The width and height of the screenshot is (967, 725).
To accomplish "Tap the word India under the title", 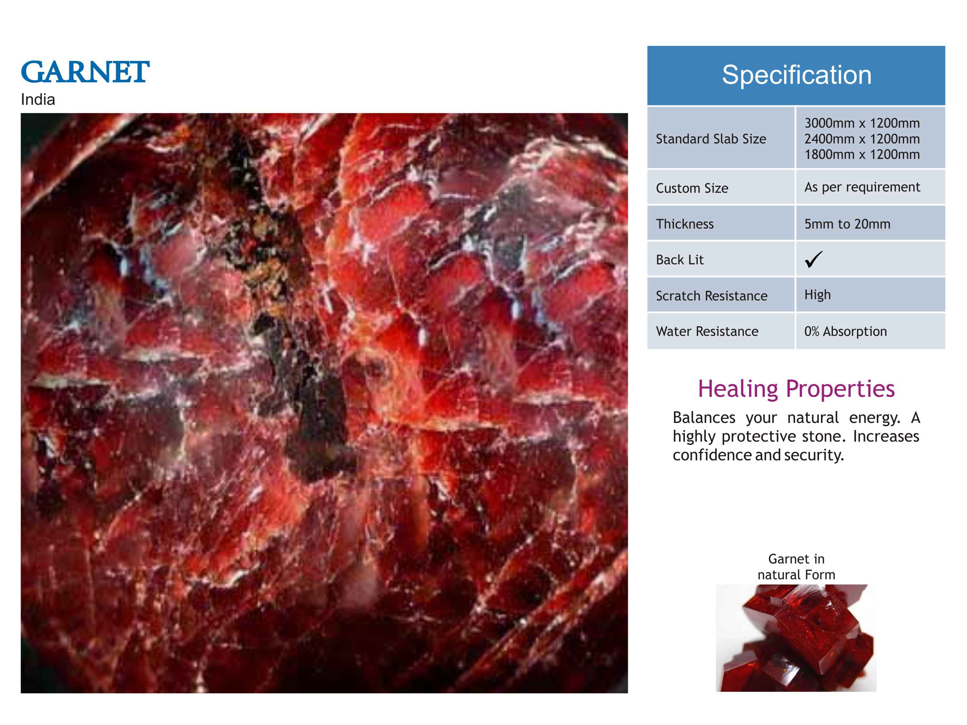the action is tap(38, 100).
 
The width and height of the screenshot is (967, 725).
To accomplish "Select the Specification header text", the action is tap(796, 75).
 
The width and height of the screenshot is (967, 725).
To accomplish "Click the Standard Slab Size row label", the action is tap(711, 139).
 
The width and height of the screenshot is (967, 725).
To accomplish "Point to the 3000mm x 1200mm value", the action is tap(862, 123).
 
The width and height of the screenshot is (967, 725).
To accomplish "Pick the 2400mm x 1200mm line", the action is tap(862, 139).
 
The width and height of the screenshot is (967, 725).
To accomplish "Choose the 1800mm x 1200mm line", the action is tap(862, 154).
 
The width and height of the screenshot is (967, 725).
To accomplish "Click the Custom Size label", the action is tap(692, 188).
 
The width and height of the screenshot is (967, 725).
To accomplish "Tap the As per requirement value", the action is tap(862, 187).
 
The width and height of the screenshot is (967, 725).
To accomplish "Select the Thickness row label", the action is tap(685, 224).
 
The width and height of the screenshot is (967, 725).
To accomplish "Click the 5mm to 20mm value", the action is tap(847, 224).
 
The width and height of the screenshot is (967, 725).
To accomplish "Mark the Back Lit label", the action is tap(680, 260).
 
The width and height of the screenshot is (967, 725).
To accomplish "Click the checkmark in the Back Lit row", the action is tap(813, 260).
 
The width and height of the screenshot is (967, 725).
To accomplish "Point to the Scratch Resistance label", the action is tap(712, 296).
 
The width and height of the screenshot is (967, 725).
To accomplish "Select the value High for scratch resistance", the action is tap(817, 295).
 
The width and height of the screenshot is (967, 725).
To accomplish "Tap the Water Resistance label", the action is tap(707, 331).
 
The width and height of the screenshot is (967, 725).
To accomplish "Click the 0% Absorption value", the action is tap(845, 331).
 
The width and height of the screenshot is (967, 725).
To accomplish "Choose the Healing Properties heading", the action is tap(796, 388).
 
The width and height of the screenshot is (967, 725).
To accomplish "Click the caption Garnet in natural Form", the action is tap(796, 567).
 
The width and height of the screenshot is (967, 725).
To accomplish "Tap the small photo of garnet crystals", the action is tap(796, 638).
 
